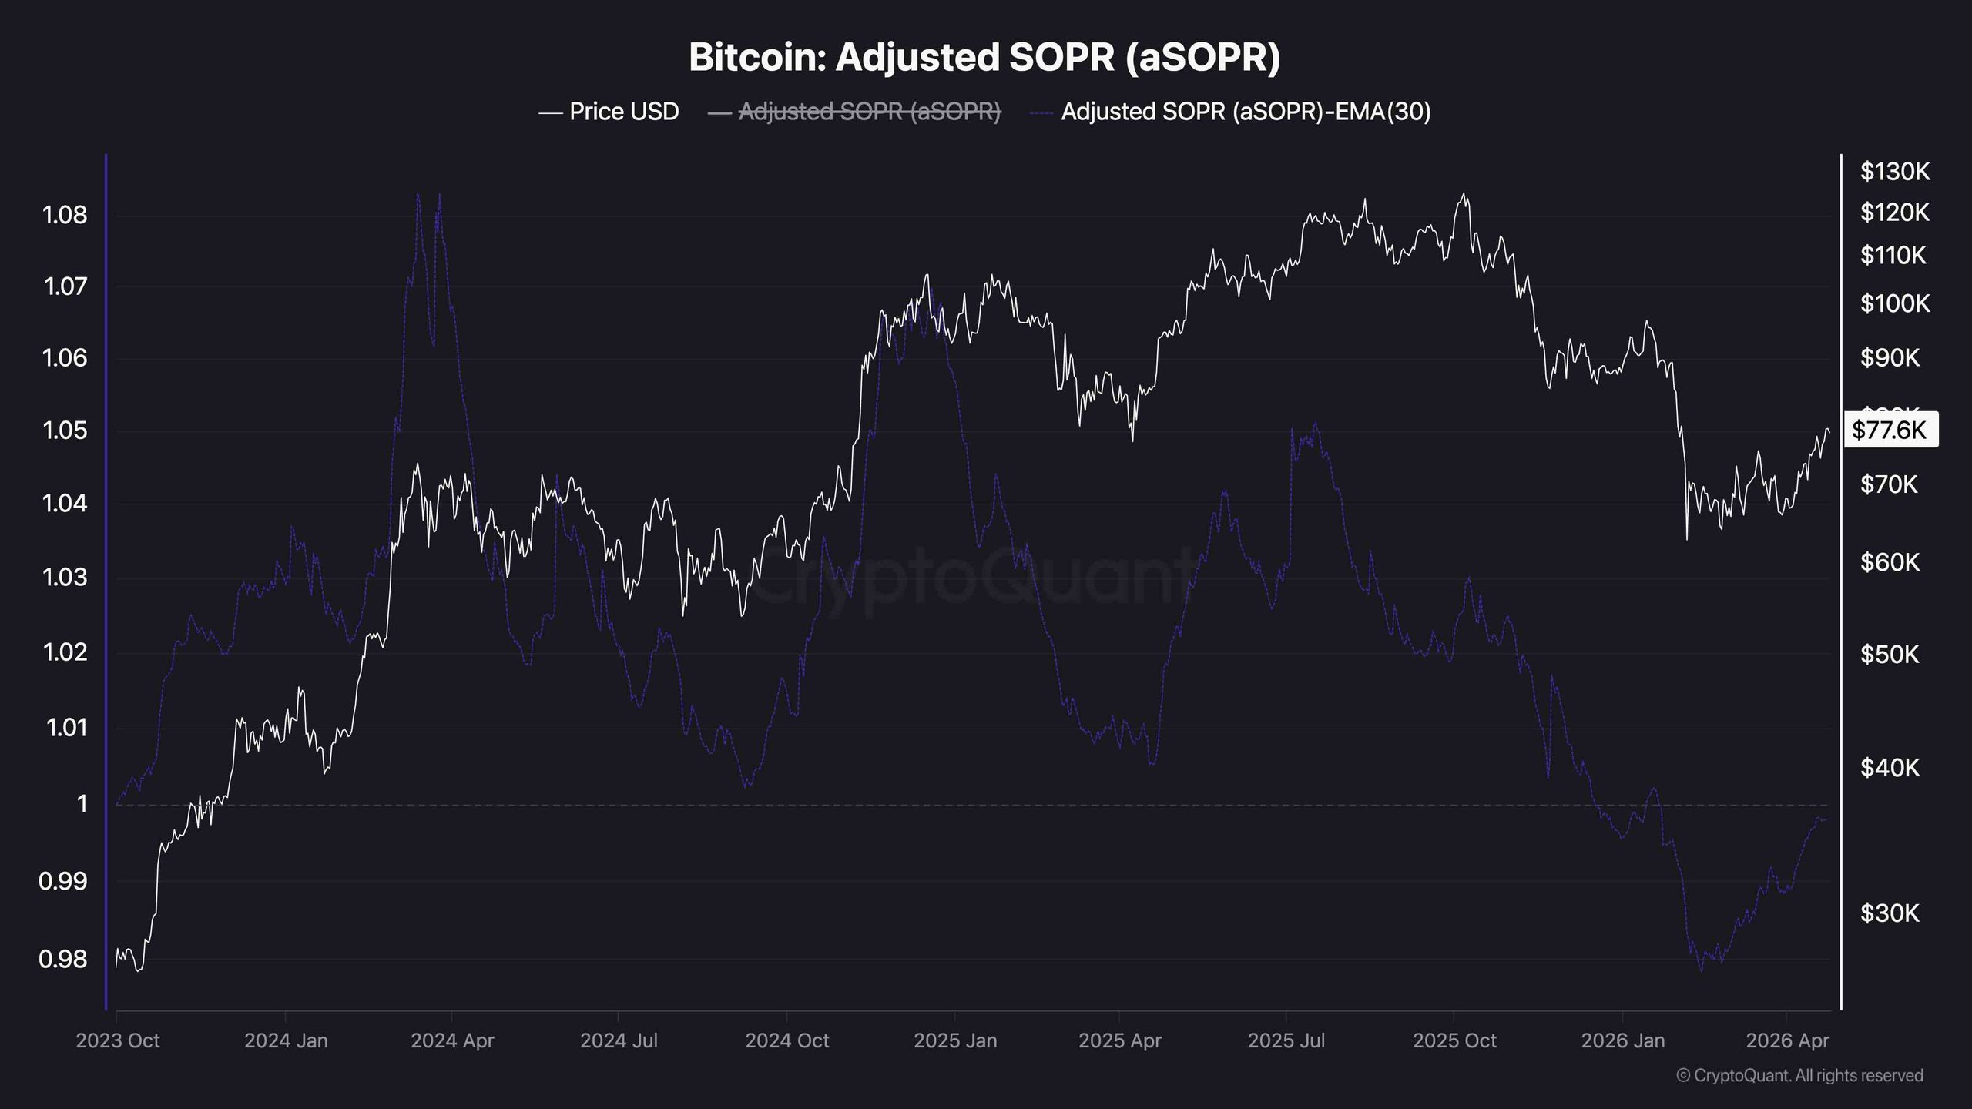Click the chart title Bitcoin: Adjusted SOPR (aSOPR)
click(984, 57)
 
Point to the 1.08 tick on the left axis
click(65, 215)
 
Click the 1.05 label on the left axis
click(65, 431)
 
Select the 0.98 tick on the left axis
click(63, 960)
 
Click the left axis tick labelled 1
click(82, 805)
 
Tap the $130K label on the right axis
click(1894, 172)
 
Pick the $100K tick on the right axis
click(1894, 304)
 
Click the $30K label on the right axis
click(1890, 913)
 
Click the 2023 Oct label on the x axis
click(117, 1041)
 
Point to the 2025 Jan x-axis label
click(954, 1041)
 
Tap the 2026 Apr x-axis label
click(1786, 1041)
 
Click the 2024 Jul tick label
click(619, 1041)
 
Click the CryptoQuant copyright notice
click(1799, 1076)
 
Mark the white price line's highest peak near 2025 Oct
click(1464, 194)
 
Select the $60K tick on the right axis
click(1890, 563)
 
